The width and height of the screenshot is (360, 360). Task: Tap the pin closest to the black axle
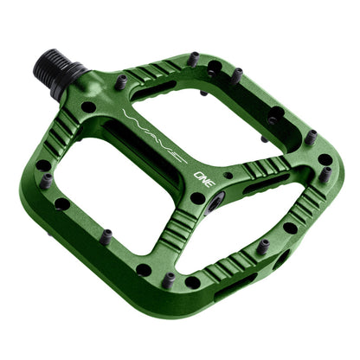tap(120, 80)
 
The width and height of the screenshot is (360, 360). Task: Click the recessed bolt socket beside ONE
tap(215, 200)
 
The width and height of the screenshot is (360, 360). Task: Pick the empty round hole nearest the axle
tap(88, 106)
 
